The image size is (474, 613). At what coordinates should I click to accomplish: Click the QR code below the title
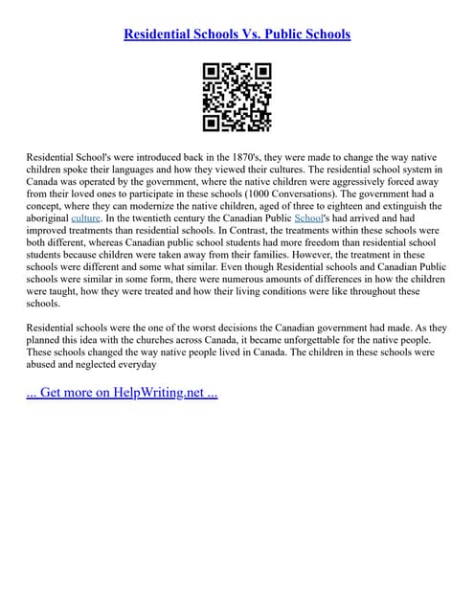tap(237, 97)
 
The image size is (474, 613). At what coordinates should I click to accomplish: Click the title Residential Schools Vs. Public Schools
tap(237, 34)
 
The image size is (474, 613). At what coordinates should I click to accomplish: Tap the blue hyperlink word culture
tap(85, 218)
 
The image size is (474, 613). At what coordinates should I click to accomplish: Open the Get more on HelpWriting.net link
tap(122, 394)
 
